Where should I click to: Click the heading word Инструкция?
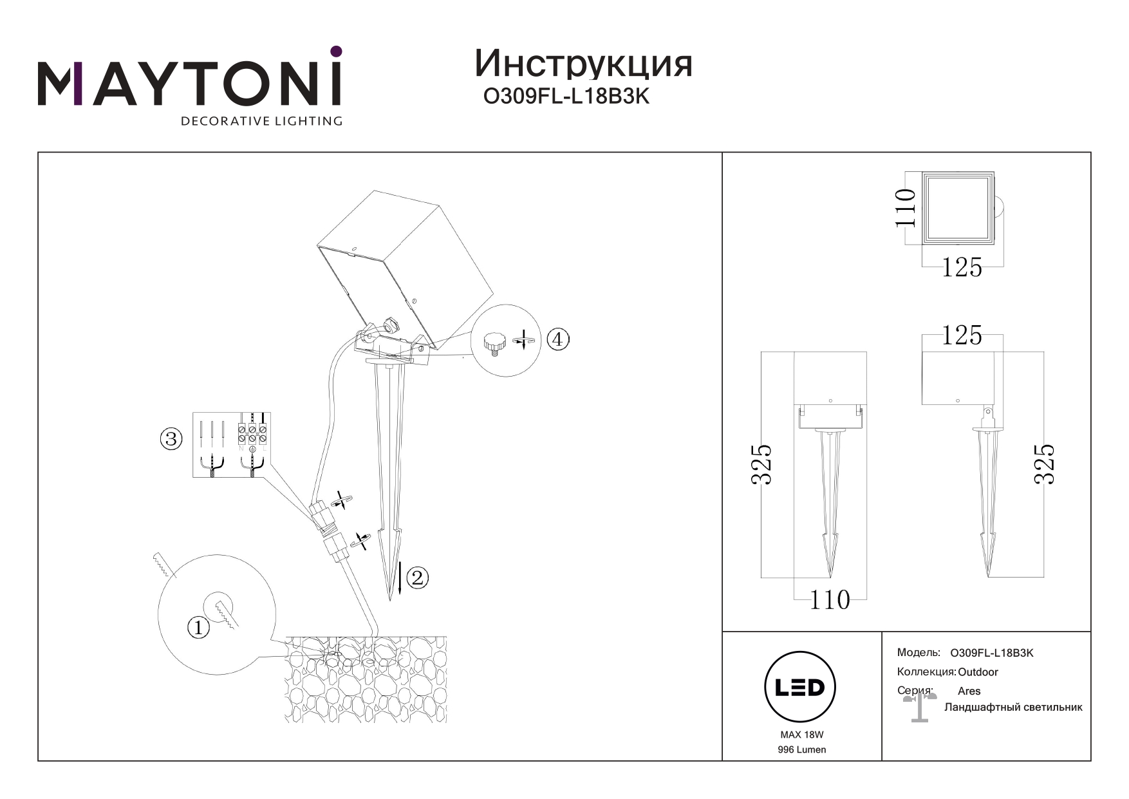(x=583, y=64)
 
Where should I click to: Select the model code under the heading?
(x=566, y=97)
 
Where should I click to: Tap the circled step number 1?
(x=198, y=627)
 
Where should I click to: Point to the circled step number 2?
(x=417, y=578)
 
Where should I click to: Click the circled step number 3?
(x=171, y=440)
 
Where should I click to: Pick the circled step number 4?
(x=558, y=339)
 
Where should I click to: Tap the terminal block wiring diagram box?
(x=232, y=445)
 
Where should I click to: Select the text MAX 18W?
(x=801, y=735)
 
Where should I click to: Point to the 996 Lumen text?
(x=801, y=749)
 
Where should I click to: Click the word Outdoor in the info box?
(x=978, y=672)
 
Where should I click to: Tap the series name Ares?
(x=969, y=691)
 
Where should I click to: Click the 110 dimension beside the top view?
(x=906, y=207)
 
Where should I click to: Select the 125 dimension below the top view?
(x=962, y=268)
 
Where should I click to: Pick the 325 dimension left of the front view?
(x=762, y=464)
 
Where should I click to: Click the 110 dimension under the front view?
(x=829, y=601)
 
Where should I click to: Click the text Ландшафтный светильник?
(x=1012, y=708)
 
